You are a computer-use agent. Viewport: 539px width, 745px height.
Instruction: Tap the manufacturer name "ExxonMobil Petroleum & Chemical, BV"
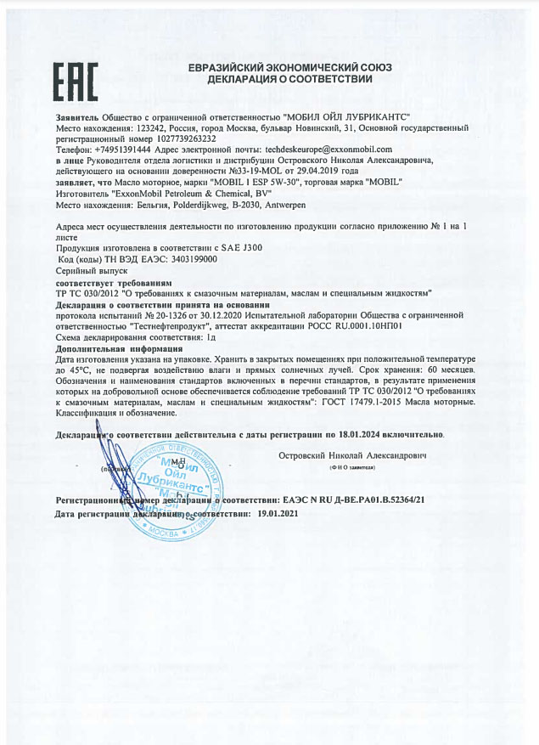pos(190,193)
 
